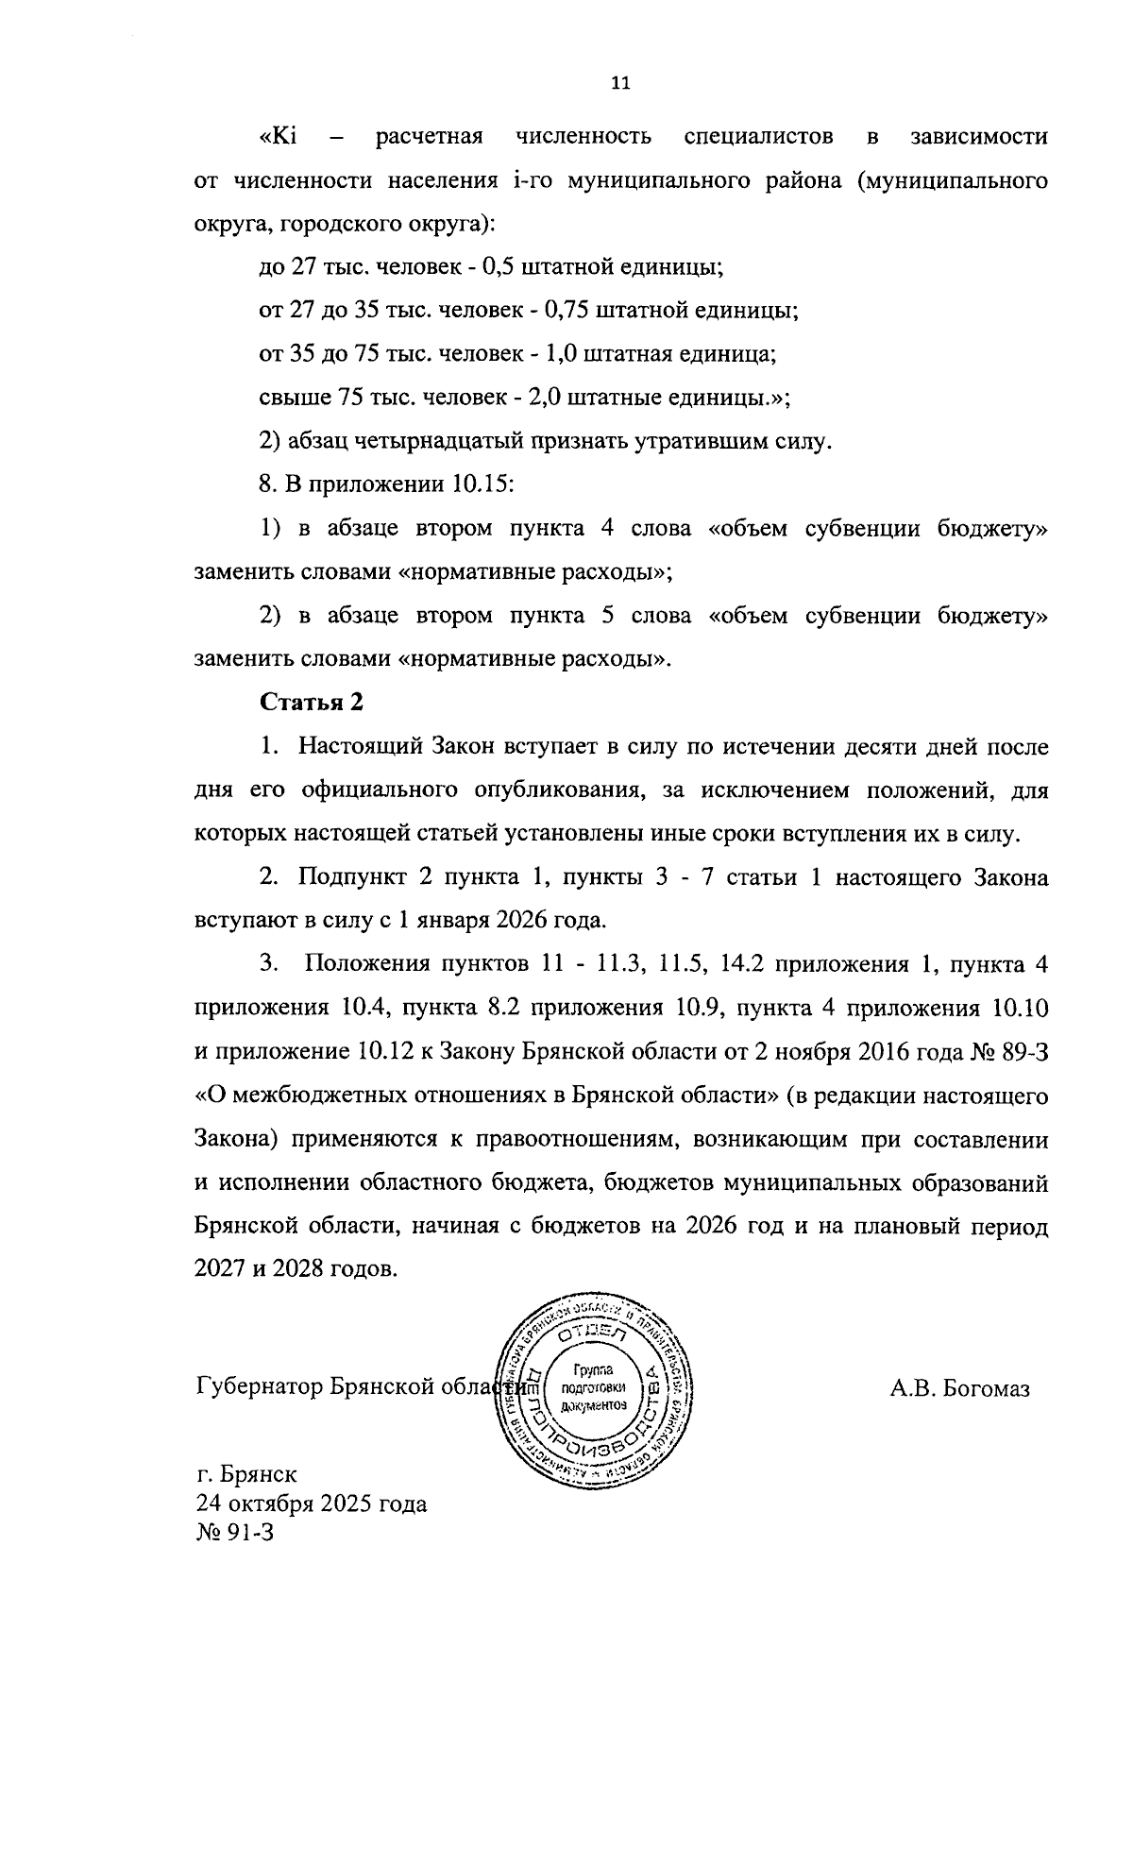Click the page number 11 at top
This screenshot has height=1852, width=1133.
(x=620, y=83)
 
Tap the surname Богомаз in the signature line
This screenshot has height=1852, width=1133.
(x=987, y=1388)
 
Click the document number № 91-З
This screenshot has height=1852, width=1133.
(x=233, y=1532)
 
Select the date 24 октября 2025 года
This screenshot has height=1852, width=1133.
(x=311, y=1503)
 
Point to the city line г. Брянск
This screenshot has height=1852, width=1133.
(x=246, y=1474)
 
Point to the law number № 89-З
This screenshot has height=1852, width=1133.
(x=1010, y=1052)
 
